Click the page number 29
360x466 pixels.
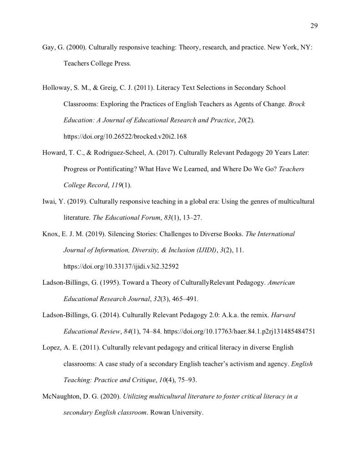coord(314,25)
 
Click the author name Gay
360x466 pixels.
coord(48,47)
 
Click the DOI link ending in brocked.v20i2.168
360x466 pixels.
coord(125,136)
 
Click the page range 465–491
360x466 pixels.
coord(184,299)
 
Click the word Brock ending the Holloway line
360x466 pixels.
coord(297,104)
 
